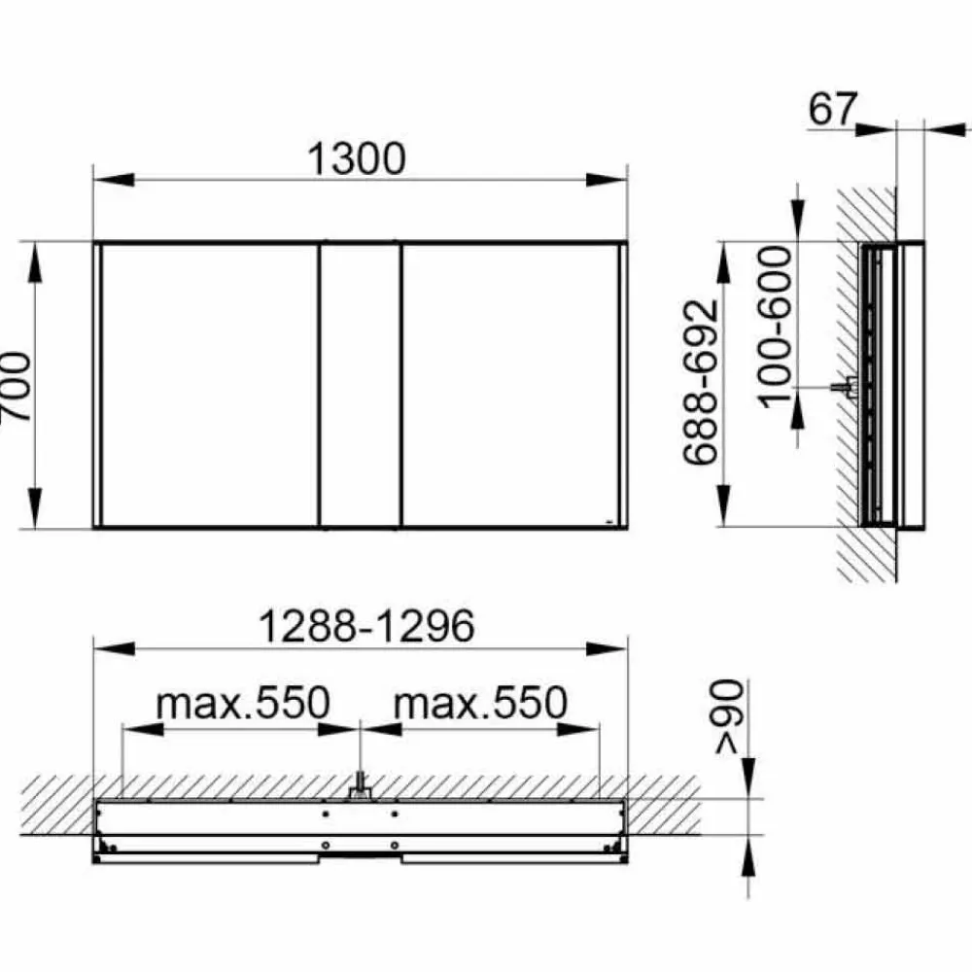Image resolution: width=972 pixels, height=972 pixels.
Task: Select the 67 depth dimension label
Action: point(833,109)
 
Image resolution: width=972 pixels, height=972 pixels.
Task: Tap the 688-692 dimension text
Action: point(701,382)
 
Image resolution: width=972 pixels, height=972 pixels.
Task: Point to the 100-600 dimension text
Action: point(775,326)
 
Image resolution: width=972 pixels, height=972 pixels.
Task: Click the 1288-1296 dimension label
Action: point(364,627)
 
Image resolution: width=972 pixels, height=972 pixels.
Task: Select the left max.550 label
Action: point(243,702)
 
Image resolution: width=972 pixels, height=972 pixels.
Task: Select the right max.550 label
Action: point(479,702)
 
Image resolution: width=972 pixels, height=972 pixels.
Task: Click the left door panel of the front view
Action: point(210,385)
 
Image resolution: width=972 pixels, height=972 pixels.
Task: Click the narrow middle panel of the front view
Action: point(360,385)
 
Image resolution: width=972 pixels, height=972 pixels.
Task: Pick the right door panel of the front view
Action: point(509,385)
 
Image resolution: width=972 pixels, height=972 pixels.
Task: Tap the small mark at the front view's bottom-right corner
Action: point(608,522)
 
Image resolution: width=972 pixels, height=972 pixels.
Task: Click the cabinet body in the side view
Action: point(892,384)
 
